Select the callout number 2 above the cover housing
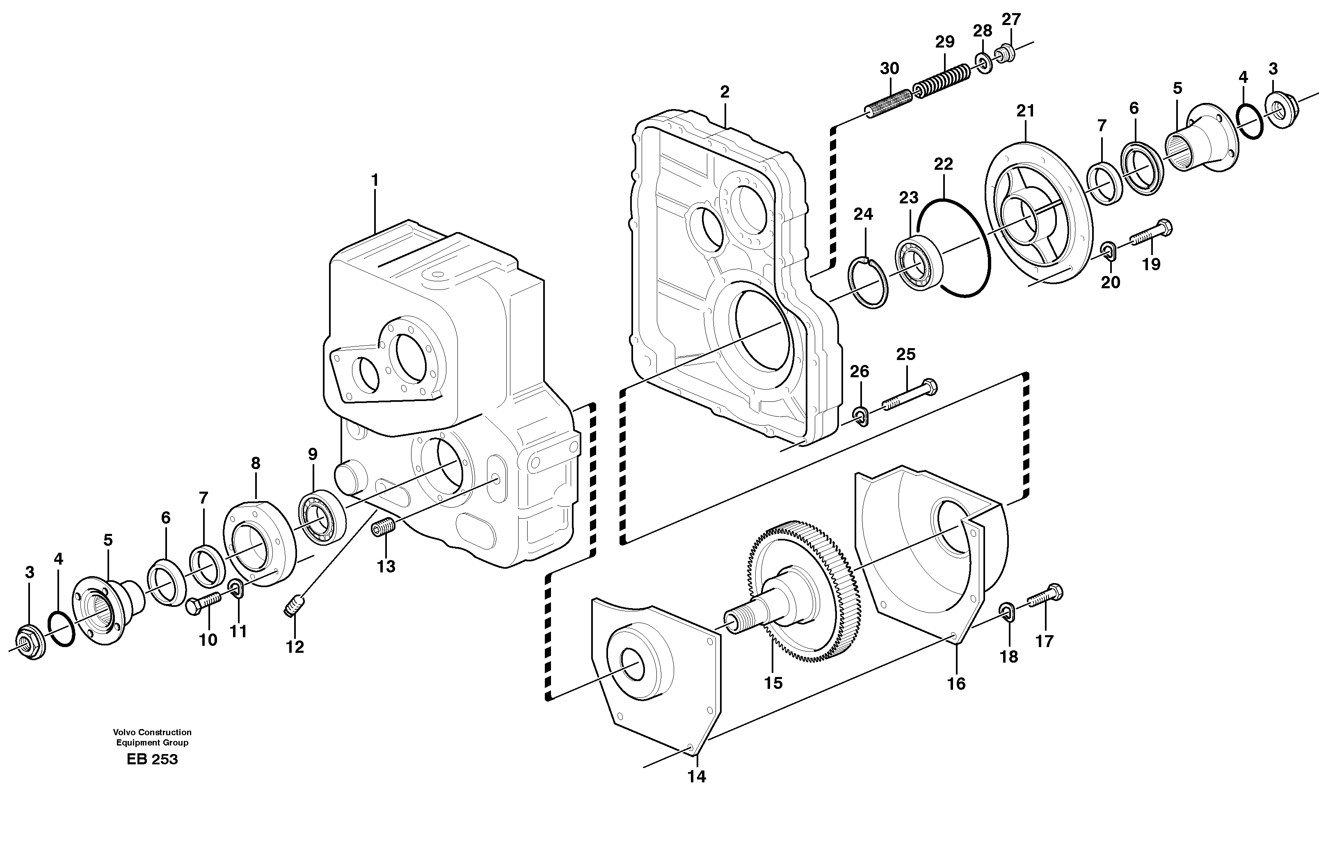coord(725,92)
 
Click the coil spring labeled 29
coord(941,80)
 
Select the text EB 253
coord(152,759)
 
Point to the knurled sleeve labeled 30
coord(889,103)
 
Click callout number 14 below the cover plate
coord(697,777)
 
